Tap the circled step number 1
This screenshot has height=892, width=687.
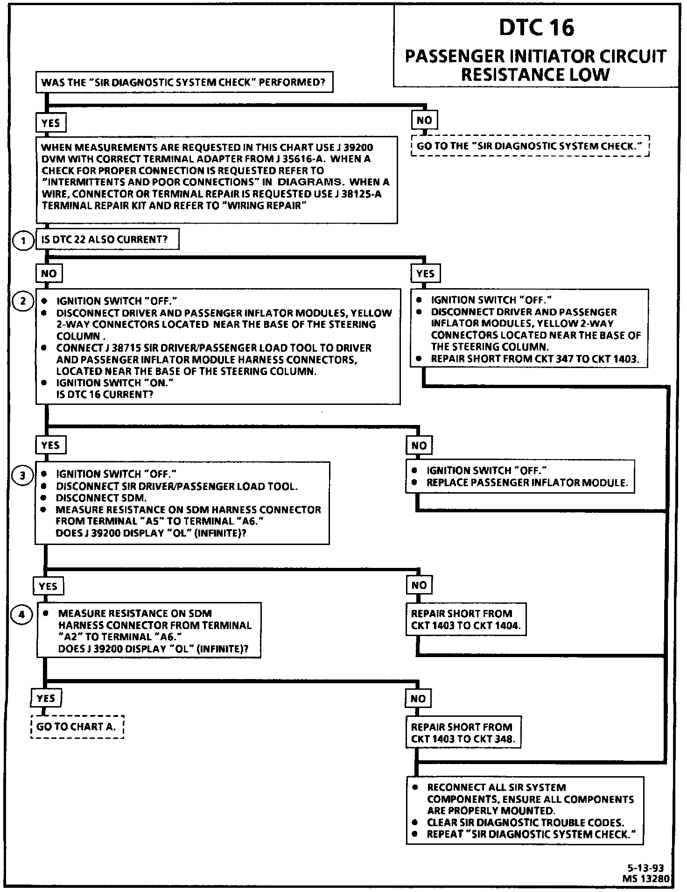point(22,241)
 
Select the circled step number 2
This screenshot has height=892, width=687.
point(22,301)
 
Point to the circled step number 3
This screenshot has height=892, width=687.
point(22,475)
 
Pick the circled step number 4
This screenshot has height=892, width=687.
point(22,615)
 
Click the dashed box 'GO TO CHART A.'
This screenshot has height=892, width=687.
point(77,727)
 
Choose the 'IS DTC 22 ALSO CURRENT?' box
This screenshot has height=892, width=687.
point(107,240)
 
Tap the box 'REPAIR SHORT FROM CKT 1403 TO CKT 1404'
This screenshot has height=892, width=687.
point(465,619)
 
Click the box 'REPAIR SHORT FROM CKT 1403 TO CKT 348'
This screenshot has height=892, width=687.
point(463,733)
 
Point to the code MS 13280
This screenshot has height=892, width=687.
point(646,878)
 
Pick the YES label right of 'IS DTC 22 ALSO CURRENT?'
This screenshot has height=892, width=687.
point(425,273)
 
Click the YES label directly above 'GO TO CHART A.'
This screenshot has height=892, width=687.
point(46,698)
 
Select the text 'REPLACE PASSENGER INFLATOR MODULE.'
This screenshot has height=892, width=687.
point(527,483)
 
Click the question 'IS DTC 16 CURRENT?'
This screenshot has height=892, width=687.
point(105,395)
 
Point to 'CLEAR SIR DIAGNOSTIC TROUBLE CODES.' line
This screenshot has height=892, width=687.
point(525,822)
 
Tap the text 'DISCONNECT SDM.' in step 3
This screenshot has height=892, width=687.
point(101,498)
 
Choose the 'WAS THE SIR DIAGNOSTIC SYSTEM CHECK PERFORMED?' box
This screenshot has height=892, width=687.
point(183,83)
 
